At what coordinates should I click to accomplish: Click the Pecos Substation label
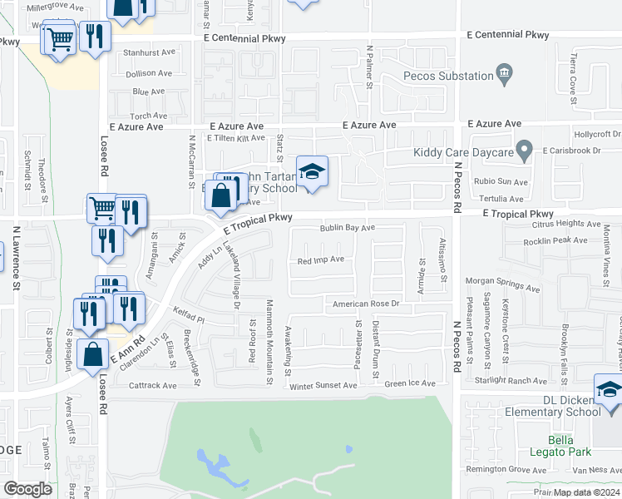tap(448, 76)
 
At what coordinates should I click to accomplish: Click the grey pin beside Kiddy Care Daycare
tap(524, 151)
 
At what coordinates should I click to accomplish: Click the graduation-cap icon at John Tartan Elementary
tap(312, 172)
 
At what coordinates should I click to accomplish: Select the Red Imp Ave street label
tap(321, 259)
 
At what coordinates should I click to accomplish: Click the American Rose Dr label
tap(367, 304)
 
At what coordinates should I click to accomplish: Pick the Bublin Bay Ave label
tap(349, 227)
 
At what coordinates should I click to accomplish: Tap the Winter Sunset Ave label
tap(323, 385)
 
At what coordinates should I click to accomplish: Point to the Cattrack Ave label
tap(153, 386)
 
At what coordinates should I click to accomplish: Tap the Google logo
tap(27, 489)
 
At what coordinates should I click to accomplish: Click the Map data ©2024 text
tap(586, 492)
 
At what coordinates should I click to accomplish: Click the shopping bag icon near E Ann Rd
tap(93, 353)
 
